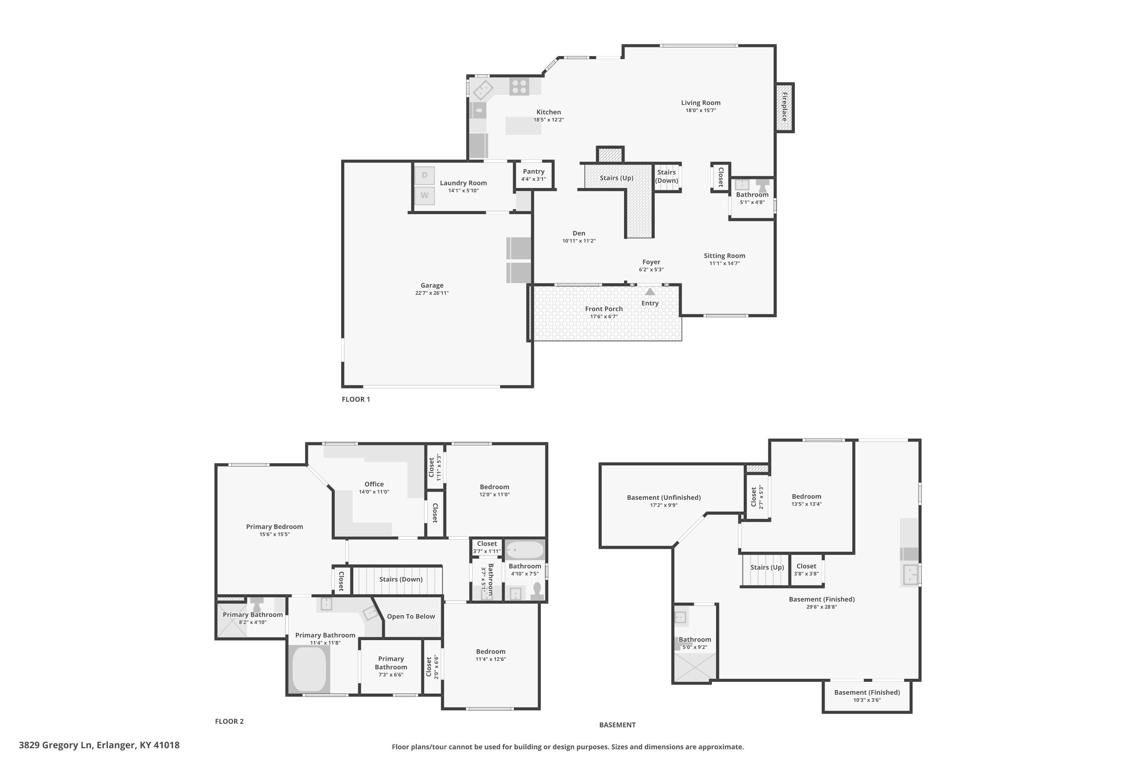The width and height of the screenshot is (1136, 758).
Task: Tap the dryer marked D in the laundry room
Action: pyautogui.click(x=424, y=175)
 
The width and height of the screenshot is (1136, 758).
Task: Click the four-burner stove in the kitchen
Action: pyautogui.click(x=519, y=87)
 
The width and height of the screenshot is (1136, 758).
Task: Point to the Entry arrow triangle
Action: pyautogui.click(x=650, y=291)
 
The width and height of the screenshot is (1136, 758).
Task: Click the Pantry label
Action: pyautogui.click(x=534, y=172)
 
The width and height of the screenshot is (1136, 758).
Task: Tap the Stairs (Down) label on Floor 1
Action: pyautogui.click(x=666, y=177)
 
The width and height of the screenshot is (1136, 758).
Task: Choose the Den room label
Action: pyautogui.click(x=579, y=233)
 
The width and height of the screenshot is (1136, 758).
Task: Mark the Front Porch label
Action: pyautogui.click(x=604, y=309)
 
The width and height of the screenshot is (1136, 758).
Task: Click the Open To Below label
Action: pyautogui.click(x=411, y=616)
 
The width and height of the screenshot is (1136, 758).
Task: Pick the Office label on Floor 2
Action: pyautogui.click(x=375, y=484)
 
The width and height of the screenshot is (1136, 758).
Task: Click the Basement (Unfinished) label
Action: pyautogui.click(x=664, y=497)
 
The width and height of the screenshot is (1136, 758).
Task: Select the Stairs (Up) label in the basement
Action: pyautogui.click(x=767, y=567)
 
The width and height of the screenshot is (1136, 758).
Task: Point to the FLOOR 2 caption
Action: pyautogui.click(x=229, y=721)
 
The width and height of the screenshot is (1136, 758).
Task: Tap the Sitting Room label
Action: pyautogui.click(x=724, y=256)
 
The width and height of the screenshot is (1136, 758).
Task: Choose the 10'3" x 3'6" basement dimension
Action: pyautogui.click(x=867, y=700)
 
